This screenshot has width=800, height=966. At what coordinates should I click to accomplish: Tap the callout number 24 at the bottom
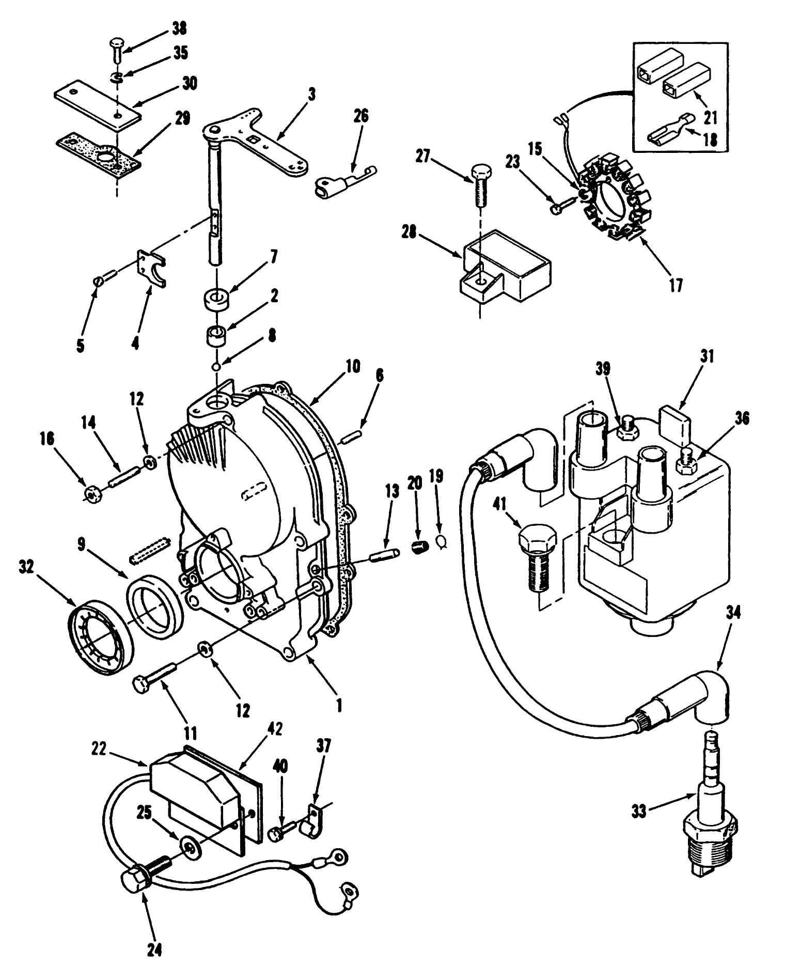point(155,948)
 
